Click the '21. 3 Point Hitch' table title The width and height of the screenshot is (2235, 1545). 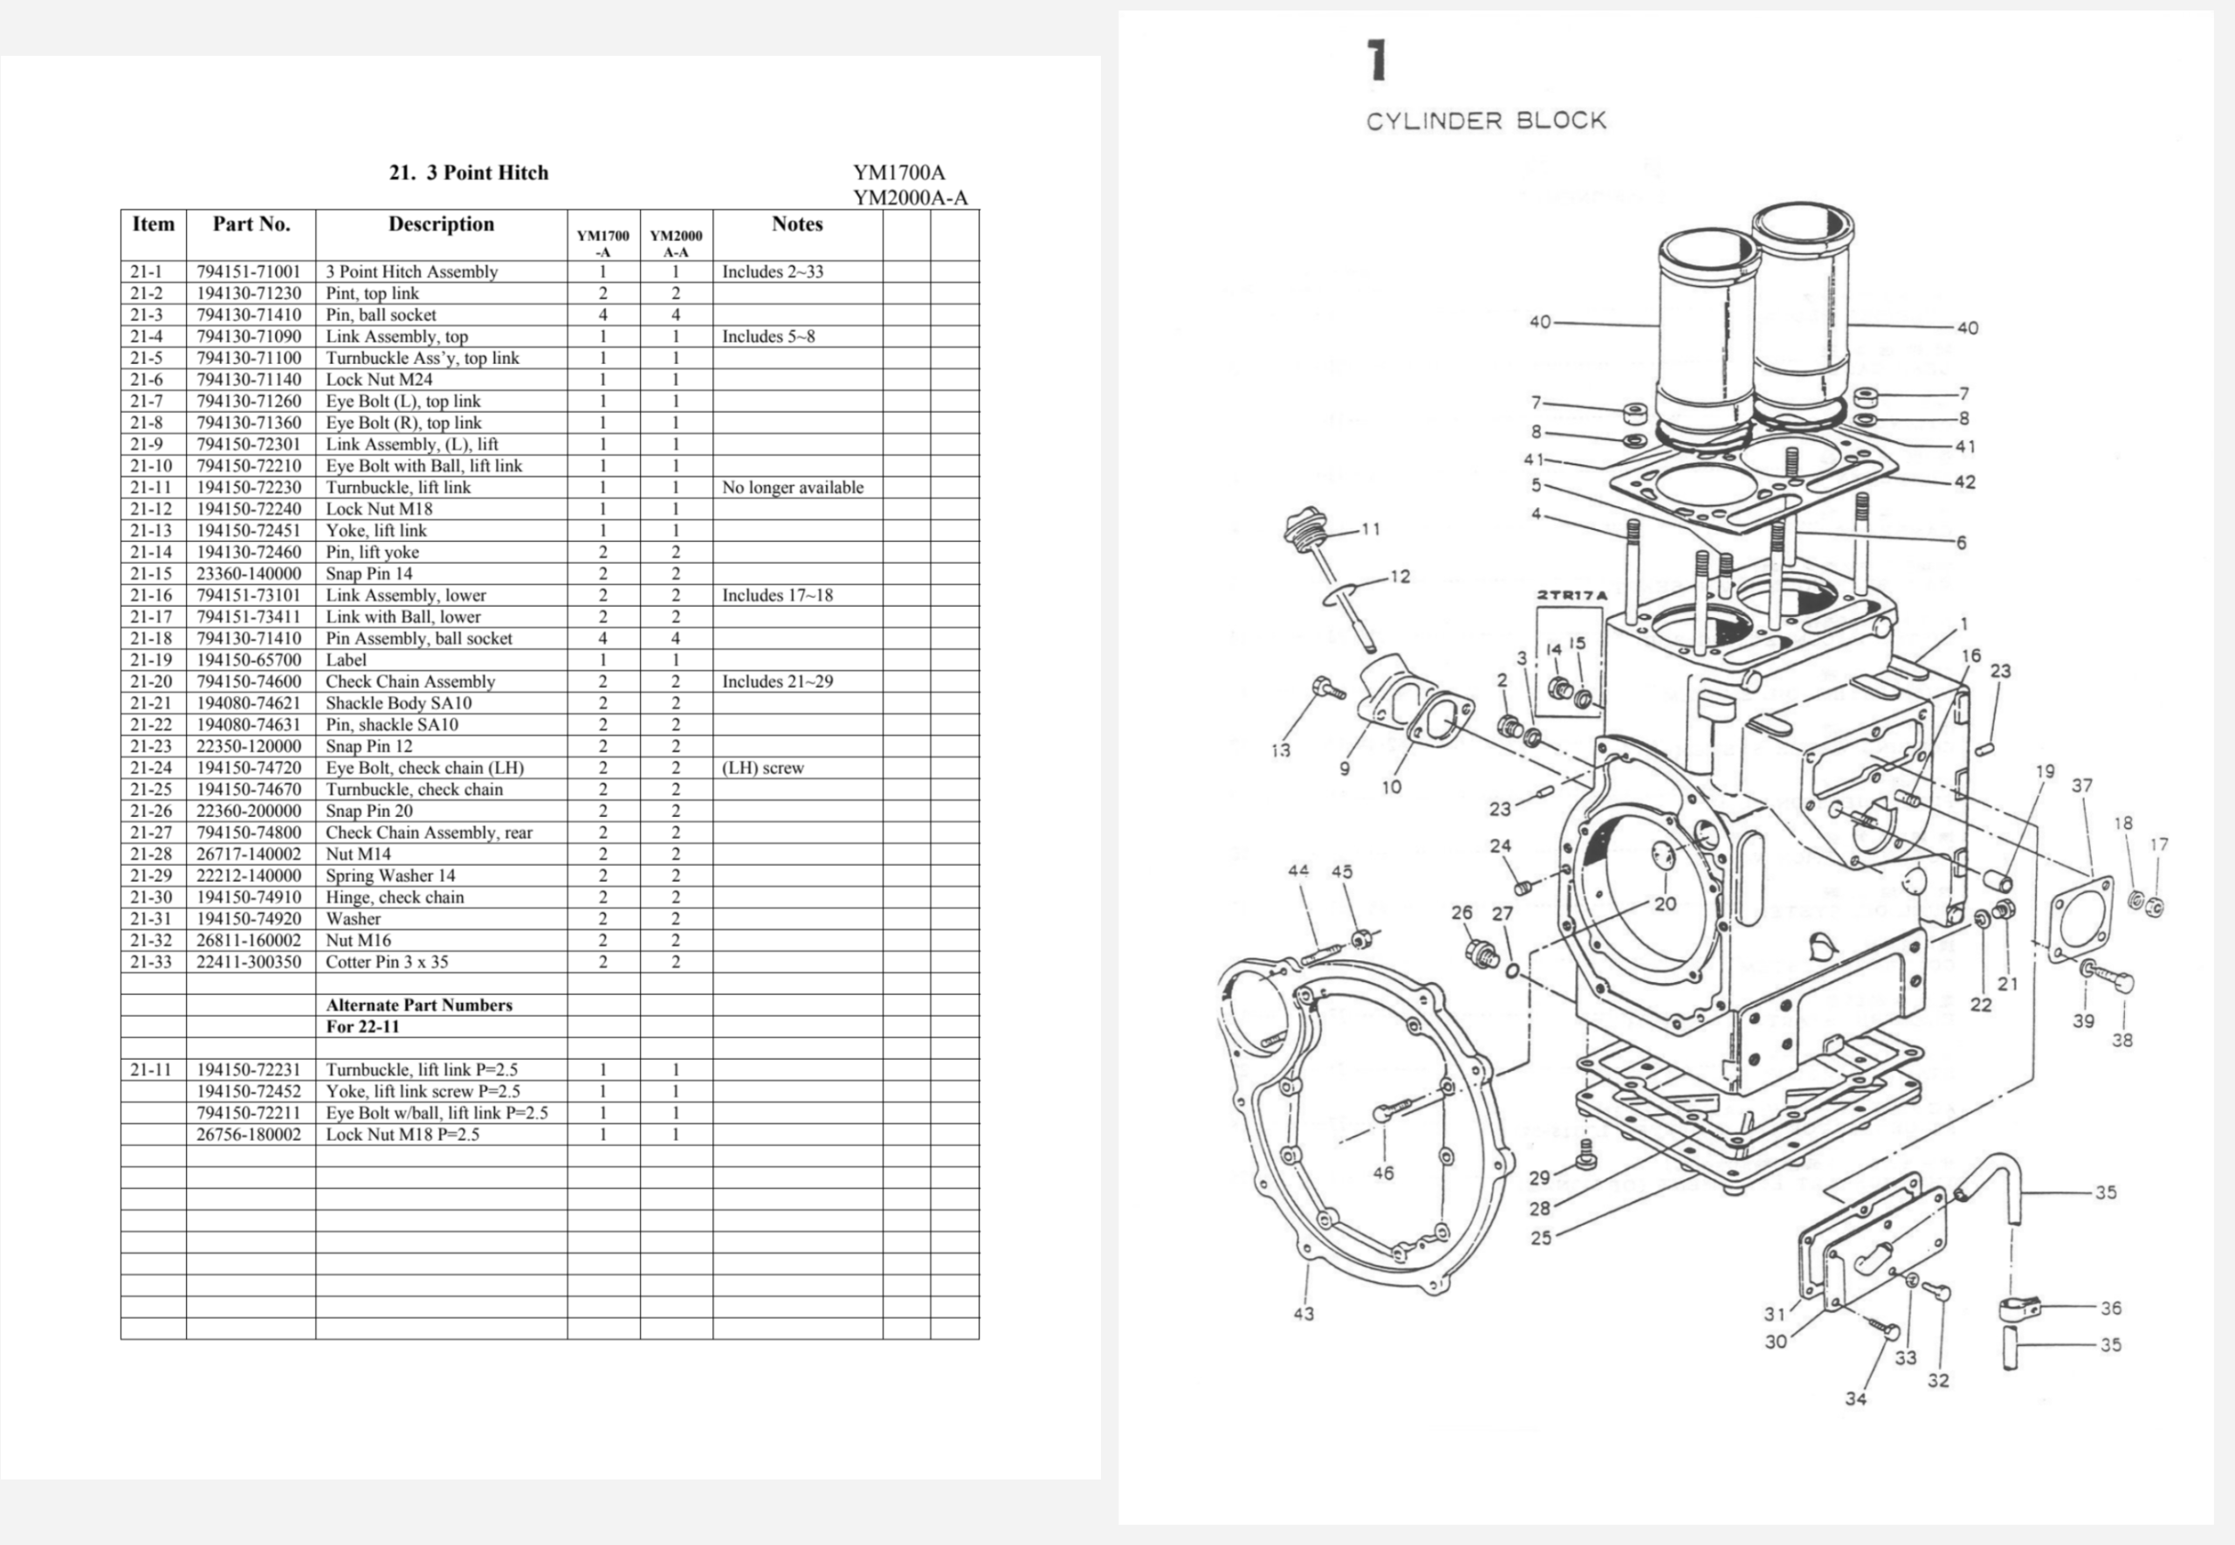(x=469, y=172)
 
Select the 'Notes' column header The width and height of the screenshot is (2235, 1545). (x=796, y=223)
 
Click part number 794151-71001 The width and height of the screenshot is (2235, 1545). (x=249, y=272)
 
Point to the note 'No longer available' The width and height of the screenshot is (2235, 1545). (x=792, y=487)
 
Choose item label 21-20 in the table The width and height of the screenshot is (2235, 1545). (x=150, y=682)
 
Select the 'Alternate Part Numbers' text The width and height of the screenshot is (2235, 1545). (x=418, y=1005)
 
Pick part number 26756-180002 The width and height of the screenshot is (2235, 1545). (x=249, y=1135)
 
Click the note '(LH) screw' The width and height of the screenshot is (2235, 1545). (x=763, y=767)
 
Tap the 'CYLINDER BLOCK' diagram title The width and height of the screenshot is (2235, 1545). (x=1486, y=121)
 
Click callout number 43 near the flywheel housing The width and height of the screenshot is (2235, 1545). (x=1303, y=1314)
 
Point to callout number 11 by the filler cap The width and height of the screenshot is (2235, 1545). (x=1371, y=529)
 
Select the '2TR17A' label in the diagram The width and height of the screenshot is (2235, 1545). (x=1571, y=595)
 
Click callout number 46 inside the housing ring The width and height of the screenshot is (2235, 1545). (x=1383, y=1173)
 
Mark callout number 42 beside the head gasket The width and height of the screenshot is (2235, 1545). (x=1964, y=481)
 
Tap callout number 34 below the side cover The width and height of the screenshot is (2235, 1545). (x=1855, y=1399)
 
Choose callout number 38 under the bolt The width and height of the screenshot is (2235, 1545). (x=2122, y=1040)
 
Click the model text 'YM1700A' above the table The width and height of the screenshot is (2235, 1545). (x=898, y=172)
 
